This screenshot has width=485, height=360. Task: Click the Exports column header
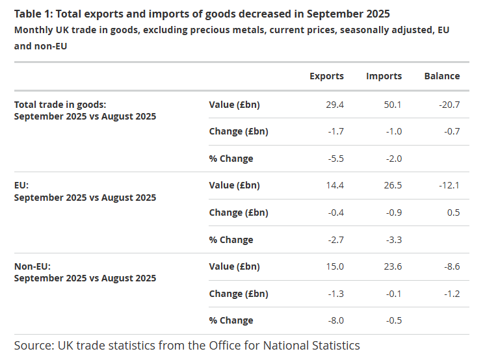pos(326,76)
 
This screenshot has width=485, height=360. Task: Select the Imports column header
pos(384,76)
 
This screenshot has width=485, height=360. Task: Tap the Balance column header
pos(442,76)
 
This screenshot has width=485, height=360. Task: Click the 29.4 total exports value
pos(335,104)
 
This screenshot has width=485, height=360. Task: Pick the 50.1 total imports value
pos(393,104)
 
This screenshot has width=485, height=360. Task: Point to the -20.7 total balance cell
pos(449,104)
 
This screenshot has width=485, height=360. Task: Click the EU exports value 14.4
pos(335,185)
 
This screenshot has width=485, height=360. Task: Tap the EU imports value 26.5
pos(393,185)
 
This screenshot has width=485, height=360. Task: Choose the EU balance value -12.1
pos(449,185)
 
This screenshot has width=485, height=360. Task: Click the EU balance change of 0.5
pos(453,212)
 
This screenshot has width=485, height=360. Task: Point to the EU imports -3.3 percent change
pos(393,240)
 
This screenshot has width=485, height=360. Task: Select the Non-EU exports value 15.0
pos(335,266)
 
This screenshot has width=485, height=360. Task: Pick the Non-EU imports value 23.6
pos(393,266)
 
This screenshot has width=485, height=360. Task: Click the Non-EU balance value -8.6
pos(451,266)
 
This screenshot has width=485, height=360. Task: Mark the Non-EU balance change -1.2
pos(451,294)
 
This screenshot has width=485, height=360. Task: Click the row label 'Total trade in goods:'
pos(60,104)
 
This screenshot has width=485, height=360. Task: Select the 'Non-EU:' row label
pos(33,266)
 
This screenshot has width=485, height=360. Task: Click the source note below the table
pos(187,345)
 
